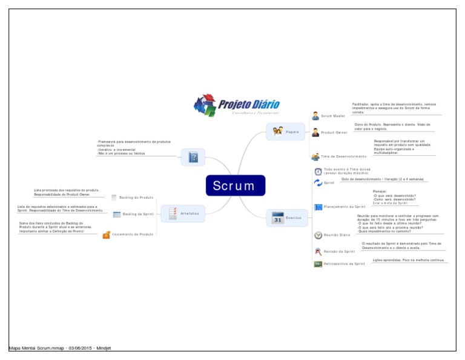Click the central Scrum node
pos(235,185)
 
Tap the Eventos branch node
pos(287,218)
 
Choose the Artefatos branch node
pos(183,213)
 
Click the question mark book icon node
pos(193,158)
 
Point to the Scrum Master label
pos(333,115)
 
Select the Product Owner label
pos(334,132)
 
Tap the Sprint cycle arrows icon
pos(318,182)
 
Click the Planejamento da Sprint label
pos(345,207)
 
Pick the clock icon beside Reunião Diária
pos(318,235)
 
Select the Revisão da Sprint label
pos(339,251)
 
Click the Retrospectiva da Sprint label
pos(345,264)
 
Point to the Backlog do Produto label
pos(136,197)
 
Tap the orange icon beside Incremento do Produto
pos(106,235)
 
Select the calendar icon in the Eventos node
pos(278,218)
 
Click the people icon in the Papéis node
pos(277,132)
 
